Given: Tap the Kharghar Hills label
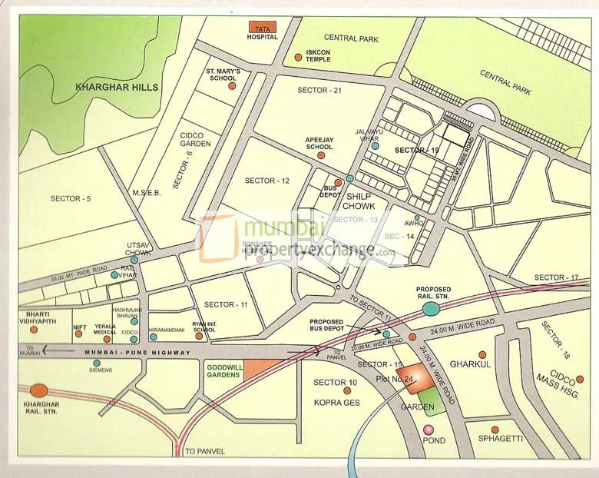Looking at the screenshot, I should point(117,87).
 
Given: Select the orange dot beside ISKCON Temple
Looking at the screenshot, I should point(298,57).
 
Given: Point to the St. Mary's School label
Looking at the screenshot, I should point(223,75).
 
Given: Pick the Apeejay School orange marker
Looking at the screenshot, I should point(321,156).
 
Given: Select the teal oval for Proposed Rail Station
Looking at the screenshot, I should point(432,308).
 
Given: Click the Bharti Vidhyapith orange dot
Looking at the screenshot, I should point(33,330).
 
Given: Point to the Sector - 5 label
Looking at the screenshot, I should point(71,198).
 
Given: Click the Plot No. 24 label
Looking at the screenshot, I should point(396,379).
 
